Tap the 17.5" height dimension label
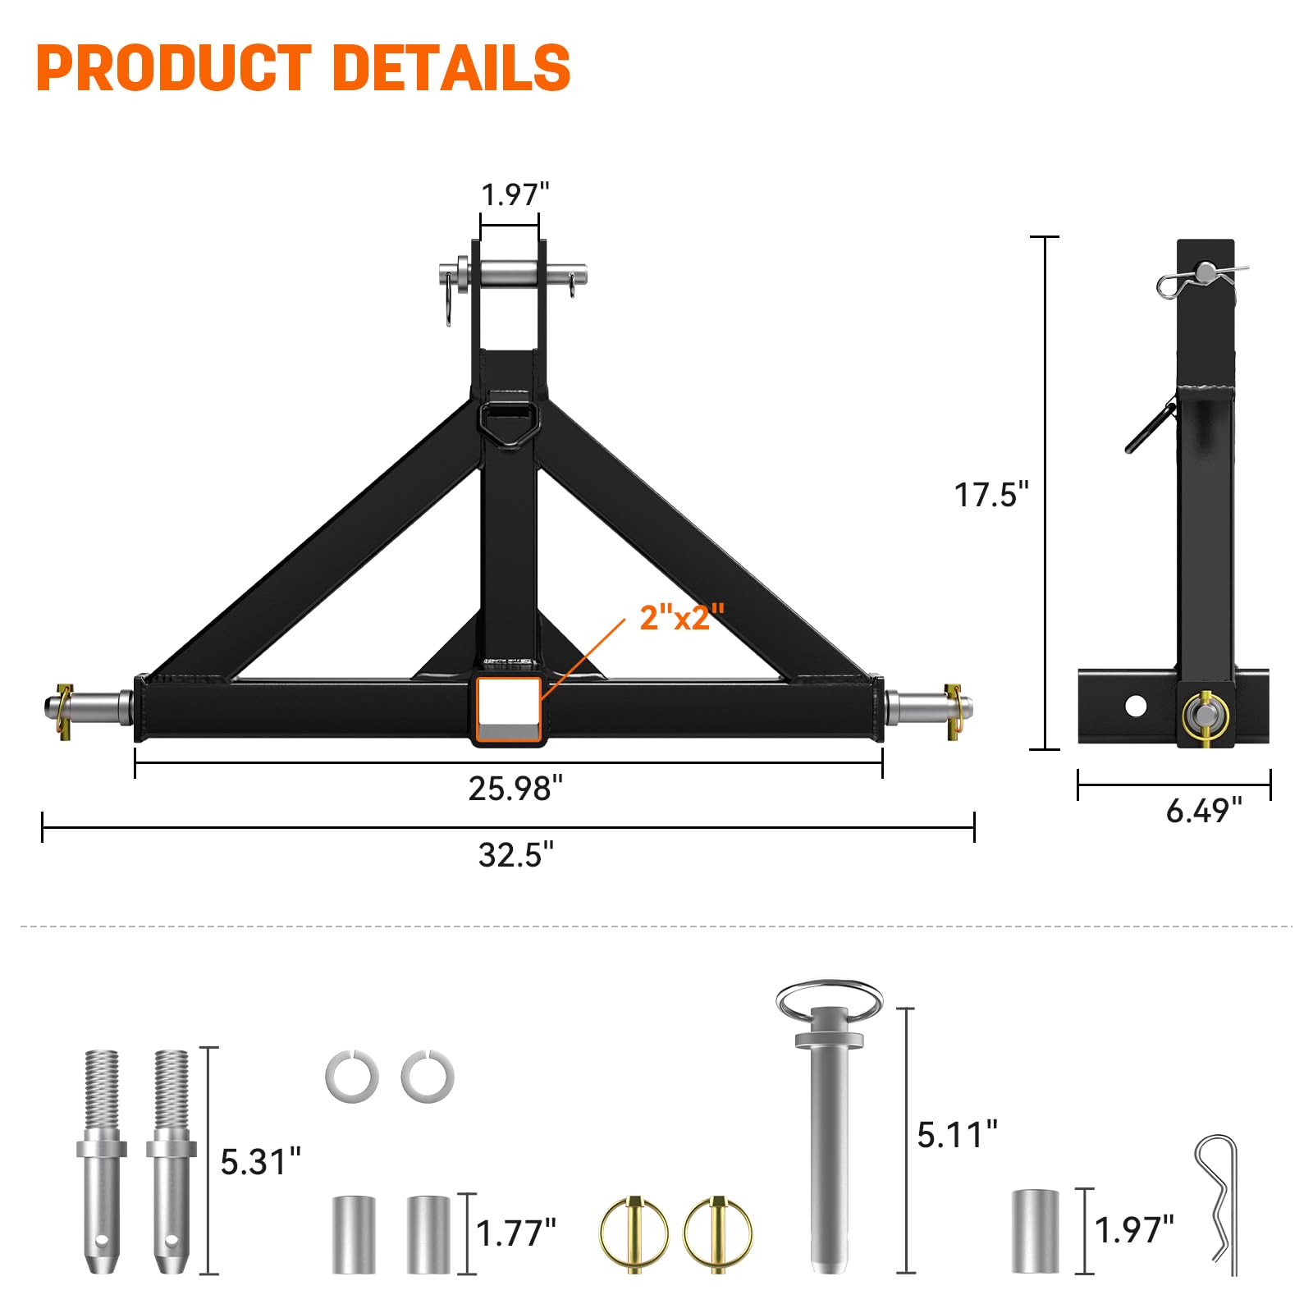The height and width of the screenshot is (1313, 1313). tap(990, 495)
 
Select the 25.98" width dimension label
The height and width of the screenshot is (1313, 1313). tap(515, 789)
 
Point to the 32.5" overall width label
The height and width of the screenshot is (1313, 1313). tap(515, 855)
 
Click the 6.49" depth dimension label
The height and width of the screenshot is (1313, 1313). tap(1203, 811)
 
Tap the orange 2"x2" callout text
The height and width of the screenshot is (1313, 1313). tap(682, 617)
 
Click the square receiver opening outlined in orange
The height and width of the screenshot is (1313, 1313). tap(509, 709)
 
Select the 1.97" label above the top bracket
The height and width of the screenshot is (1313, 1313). tap(515, 195)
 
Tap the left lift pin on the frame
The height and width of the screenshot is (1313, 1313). tap(90, 707)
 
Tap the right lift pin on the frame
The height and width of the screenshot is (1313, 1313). tap(929, 707)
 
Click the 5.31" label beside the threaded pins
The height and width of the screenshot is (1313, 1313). tap(260, 1162)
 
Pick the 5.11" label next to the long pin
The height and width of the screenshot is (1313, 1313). tap(957, 1135)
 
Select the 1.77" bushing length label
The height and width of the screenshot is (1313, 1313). tap(515, 1233)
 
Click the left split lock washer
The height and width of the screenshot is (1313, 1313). tap(352, 1077)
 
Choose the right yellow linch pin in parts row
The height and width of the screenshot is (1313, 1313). tap(718, 1233)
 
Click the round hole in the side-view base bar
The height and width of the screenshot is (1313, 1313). tap(1136, 706)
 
